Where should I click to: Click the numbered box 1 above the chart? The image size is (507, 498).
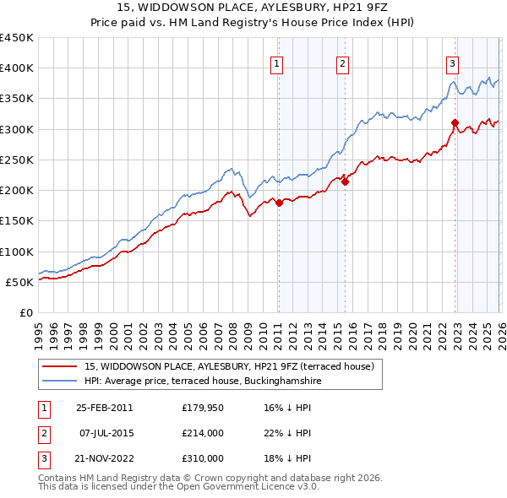click(277, 62)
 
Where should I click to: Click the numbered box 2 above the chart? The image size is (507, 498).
click(342, 62)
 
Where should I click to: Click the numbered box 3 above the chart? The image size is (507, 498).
click(453, 62)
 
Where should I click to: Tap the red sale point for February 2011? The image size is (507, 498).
click(279, 203)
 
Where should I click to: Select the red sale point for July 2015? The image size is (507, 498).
click(345, 181)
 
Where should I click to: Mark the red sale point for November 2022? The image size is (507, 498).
click(455, 123)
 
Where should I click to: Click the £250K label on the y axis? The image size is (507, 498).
click(16, 160)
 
